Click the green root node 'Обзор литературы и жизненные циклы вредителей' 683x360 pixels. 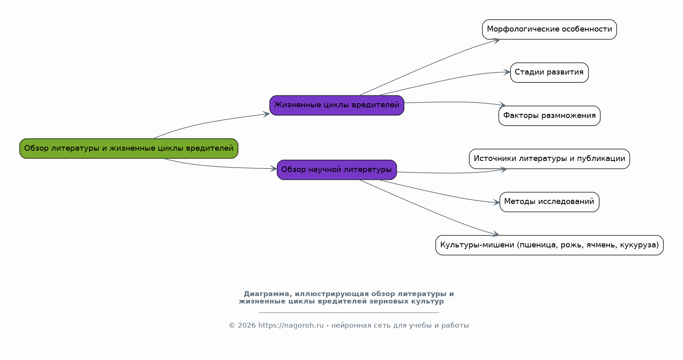pyautogui.click(x=129, y=149)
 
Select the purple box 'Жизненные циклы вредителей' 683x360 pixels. pyautogui.click(x=337, y=105)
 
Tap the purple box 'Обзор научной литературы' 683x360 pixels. pyautogui.click(x=337, y=170)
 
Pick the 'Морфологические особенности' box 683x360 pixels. pyautogui.click(x=549, y=29)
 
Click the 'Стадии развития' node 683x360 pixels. pyautogui.click(x=549, y=72)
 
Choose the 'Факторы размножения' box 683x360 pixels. pyautogui.click(x=549, y=115)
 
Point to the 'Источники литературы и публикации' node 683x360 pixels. pyautogui.click(x=549, y=159)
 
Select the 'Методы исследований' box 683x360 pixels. pyautogui.click(x=549, y=202)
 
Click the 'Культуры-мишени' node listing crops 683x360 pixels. pyautogui.click(x=549, y=245)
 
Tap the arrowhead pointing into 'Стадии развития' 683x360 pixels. pyautogui.click(x=507, y=72)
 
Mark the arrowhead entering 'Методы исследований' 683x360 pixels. pyautogui.click(x=496, y=202)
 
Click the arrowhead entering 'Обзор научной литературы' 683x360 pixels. pyautogui.click(x=274, y=169)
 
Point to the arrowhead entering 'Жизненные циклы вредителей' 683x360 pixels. pyautogui.click(x=267, y=114)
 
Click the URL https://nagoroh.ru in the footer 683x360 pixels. pyautogui.click(x=291, y=326)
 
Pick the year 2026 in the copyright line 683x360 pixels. pyautogui.click(x=247, y=326)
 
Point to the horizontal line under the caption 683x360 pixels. pyautogui.click(x=349, y=313)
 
